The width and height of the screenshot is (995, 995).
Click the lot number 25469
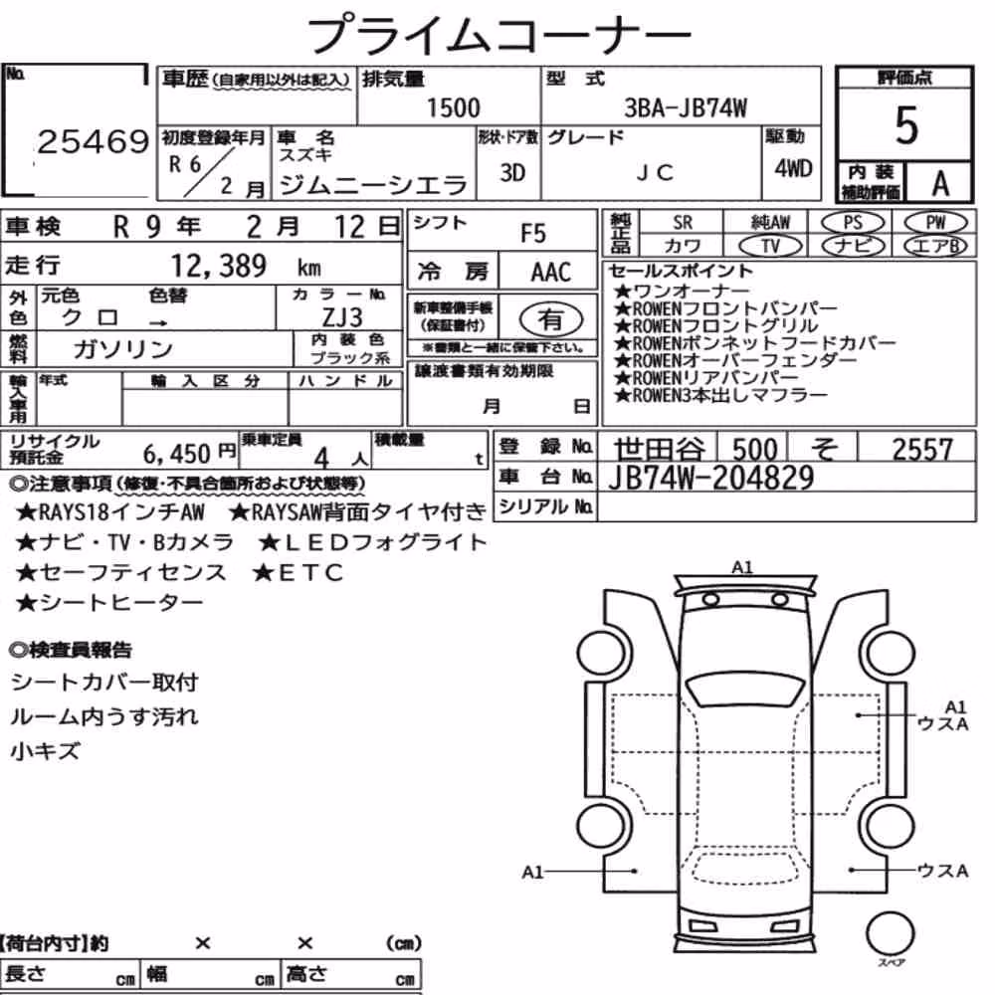(x=94, y=141)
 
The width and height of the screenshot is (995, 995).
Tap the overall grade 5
(x=906, y=125)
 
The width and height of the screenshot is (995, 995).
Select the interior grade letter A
(x=940, y=183)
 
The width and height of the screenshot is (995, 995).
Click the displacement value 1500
(x=453, y=107)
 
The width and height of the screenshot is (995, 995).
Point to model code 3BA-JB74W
(x=686, y=107)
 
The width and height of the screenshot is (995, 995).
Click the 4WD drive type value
(x=793, y=168)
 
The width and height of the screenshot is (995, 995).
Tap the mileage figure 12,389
(x=219, y=266)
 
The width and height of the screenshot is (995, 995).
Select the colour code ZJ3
(x=342, y=316)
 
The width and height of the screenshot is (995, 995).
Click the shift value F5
(x=533, y=234)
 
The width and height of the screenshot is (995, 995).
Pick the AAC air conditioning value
(x=551, y=273)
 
